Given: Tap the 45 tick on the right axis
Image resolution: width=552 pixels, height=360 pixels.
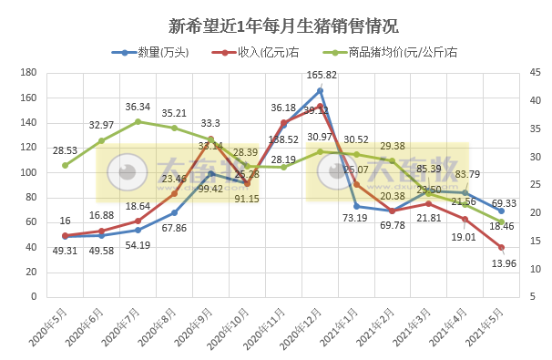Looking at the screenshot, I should click(x=533, y=73).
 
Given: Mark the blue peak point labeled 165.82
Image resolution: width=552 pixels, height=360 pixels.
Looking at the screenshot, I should click(x=320, y=90).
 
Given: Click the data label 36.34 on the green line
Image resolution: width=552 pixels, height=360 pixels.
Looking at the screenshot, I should click(x=138, y=108).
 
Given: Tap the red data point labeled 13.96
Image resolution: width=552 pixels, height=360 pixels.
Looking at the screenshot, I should click(x=502, y=247).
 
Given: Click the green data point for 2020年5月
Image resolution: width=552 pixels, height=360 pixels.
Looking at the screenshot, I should click(x=65, y=165).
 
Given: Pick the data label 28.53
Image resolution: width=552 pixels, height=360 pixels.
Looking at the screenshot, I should click(x=64, y=150).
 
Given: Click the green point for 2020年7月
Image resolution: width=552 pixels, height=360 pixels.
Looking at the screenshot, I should click(x=138, y=121).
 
